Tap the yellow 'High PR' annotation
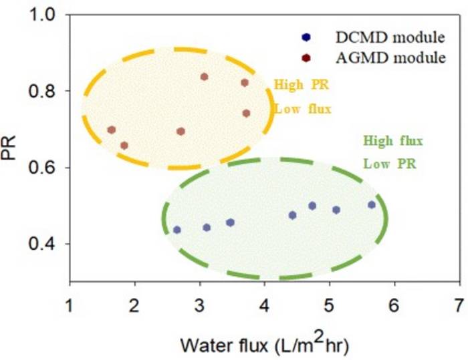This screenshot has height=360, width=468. [x=302, y=86]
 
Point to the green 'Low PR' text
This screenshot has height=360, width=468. [x=389, y=163]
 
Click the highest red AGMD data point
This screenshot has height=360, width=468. [x=205, y=77]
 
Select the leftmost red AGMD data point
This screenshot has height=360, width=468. [x=112, y=130]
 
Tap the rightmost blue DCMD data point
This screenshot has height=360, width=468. [x=372, y=205]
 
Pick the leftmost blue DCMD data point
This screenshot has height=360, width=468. [x=177, y=230]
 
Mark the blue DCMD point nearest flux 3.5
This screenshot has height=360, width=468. [x=230, y=222]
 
